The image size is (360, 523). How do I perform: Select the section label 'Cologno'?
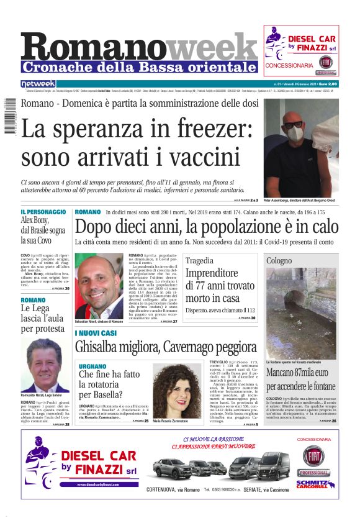click(x=296, y=260)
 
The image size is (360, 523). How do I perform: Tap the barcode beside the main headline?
click(x=11, y=122)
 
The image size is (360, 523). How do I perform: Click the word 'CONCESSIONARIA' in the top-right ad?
click(x=289, y=65)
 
